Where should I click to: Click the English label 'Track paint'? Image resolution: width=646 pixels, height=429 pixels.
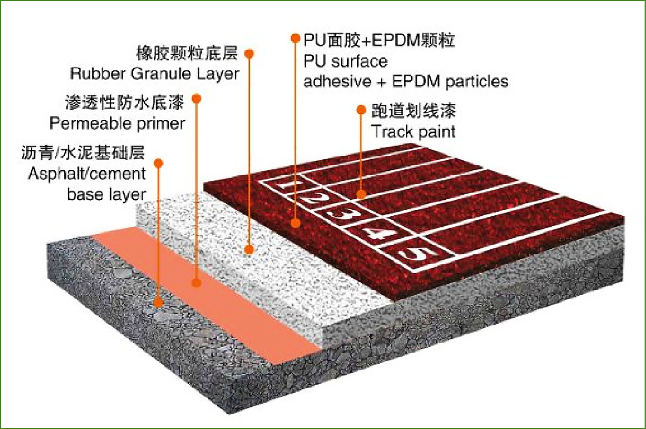413,132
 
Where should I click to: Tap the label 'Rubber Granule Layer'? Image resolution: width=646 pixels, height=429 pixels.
154,74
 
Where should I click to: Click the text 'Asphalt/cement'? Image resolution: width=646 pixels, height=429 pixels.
87,174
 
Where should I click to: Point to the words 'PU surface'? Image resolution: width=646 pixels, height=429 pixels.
345,62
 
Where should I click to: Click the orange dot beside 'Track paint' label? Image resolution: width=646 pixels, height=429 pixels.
361,111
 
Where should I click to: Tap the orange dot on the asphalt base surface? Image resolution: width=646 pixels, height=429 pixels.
159,303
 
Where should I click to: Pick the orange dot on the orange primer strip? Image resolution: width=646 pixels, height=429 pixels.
197,283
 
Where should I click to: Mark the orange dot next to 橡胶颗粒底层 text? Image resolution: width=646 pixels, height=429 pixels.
250,53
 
